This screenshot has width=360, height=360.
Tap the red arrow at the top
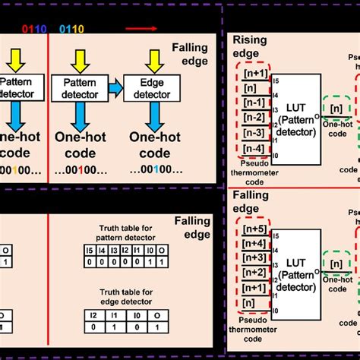click(x=143, y=30)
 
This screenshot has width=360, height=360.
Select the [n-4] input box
click(x=253, y=147)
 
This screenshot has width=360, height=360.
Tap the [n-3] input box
click(x=253, y=133)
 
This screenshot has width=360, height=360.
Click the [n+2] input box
click(x=253, y=272)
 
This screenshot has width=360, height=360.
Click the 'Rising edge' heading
click(x=248, y=47)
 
